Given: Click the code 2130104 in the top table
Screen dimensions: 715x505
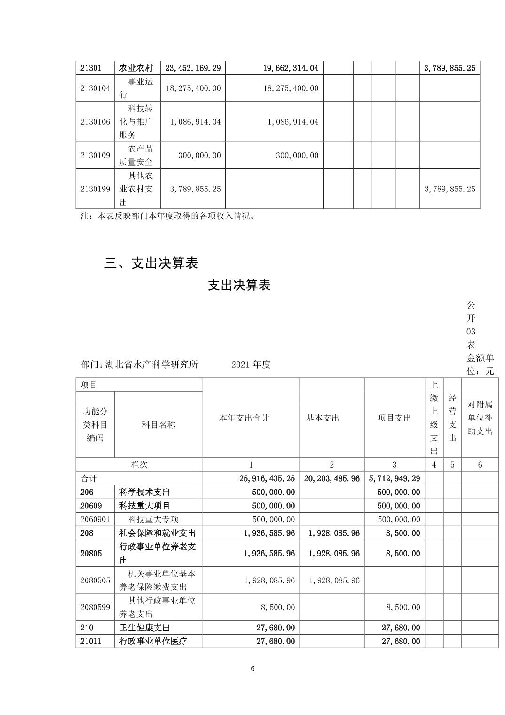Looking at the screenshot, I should click(95, 88).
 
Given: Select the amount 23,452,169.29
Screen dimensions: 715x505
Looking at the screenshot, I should click(193, 68).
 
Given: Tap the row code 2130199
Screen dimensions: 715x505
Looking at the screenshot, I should click(95, 189).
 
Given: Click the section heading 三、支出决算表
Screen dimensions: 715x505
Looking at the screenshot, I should click(151, 263).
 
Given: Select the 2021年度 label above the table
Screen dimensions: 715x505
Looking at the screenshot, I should click(251, 365).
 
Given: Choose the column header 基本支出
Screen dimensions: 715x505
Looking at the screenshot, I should click(323, 418).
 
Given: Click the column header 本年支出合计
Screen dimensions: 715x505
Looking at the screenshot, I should click(244, 418).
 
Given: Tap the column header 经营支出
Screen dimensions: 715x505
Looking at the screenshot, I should click(452, 418).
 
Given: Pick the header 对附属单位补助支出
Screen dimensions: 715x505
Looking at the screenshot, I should click(480, 418).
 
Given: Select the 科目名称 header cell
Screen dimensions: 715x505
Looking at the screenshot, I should click(158, 424).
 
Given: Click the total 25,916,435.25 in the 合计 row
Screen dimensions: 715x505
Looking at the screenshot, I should click(267, 478).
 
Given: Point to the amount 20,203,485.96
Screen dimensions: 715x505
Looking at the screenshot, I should click(332, 478).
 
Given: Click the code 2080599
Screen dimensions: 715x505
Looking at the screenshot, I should click(95, 607).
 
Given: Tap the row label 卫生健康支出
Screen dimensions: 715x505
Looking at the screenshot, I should click(145, 628).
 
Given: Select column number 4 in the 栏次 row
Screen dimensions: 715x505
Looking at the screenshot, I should click(434, 465).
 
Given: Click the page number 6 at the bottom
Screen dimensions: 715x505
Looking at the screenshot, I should click(252, 669).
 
